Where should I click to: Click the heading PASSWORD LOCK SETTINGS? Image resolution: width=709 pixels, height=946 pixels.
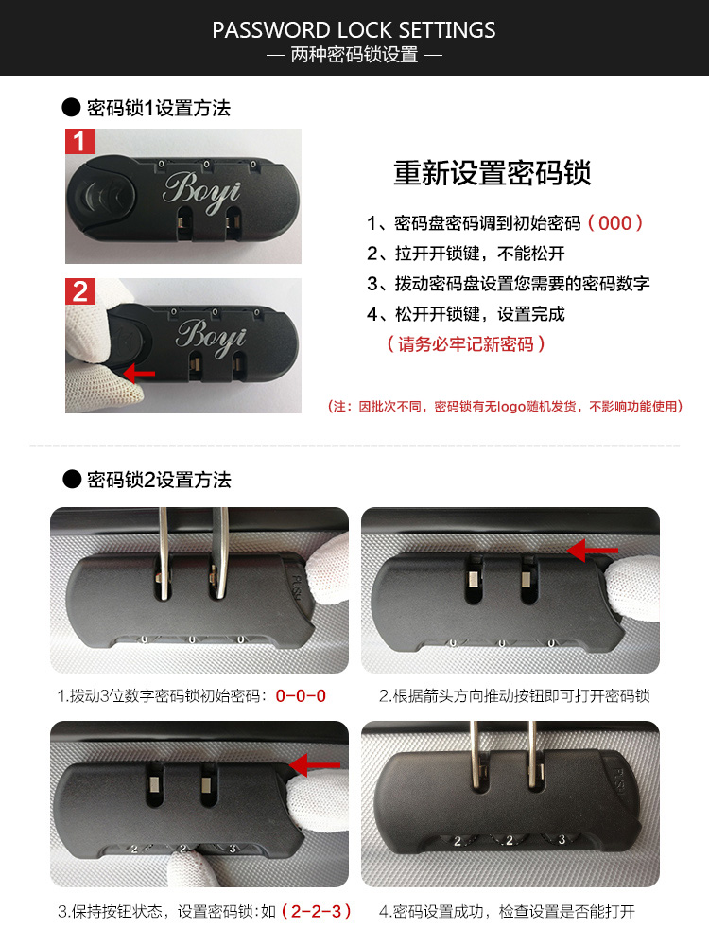[x=354, y=30]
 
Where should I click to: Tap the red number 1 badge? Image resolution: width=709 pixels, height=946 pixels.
[x=80, y=142]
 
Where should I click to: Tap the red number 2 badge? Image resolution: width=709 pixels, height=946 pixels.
[x=80, y=291]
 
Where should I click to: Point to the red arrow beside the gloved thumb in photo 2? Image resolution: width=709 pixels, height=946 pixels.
[x=139, y=374]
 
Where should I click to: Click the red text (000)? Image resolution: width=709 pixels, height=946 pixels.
[x=615, y=223]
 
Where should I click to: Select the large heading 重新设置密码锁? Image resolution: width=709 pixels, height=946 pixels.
[x=492, y=173]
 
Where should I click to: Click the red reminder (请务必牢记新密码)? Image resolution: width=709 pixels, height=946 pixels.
[x=465, y=344]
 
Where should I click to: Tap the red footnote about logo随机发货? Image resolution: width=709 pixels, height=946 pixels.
[x=505, y=406]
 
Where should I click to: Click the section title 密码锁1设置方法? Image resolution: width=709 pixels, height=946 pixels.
[x=159, y=108]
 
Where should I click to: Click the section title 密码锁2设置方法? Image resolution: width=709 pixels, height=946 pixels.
[x=159, y=480]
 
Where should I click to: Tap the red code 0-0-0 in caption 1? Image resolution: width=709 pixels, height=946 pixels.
[x=301, y=695]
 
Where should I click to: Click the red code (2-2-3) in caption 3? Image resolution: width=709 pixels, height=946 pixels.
[x=317, y=911]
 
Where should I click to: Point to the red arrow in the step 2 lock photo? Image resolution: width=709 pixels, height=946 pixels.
[x=593, y=551]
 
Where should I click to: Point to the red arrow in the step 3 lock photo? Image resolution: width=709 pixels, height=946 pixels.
[x=315, y=765]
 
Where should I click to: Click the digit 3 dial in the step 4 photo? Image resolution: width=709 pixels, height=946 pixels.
[x=562, y=838]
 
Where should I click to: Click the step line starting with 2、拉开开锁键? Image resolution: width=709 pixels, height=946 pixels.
[x=465, y=254]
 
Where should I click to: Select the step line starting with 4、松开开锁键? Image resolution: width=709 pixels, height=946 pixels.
[x=465, y=314]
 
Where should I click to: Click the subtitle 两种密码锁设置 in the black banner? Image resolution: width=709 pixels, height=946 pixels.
[x=354, y=55]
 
